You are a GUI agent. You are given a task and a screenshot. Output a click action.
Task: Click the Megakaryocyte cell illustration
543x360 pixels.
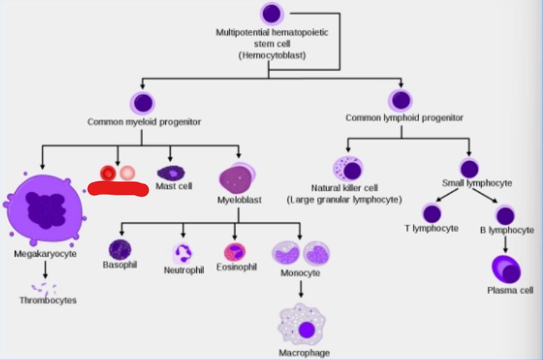click(x=44, y=208)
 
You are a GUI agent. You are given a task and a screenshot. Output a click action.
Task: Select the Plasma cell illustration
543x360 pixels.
click(x=506, y=269)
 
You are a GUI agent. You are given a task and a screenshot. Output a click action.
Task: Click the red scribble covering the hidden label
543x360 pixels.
click(x=118, y=189)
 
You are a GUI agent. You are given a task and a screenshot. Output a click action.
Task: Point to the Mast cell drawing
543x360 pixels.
click(x=171, y=173)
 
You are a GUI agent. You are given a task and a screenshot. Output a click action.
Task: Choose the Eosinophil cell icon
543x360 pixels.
click(x=235, y=252)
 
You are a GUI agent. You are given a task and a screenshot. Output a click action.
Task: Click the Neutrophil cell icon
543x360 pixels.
click(x=183, y=253)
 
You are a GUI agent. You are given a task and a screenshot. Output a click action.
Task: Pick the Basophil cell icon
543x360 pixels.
click(x=120, y=249)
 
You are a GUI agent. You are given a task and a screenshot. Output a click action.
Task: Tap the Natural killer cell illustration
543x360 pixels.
click(x=348, y=169)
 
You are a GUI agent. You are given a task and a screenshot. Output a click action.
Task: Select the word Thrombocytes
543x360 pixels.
click(x=48, y=300)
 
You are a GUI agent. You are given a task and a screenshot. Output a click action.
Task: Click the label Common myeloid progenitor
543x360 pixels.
click(x=144, y=122)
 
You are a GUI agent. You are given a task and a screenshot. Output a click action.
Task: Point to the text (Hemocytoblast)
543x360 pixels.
click(x=272, y=56)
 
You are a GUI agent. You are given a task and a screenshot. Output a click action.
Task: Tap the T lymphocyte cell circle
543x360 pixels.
click(x=432, y=214)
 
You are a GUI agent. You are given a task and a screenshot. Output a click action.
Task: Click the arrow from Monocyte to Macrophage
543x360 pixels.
click(x=301, y=289)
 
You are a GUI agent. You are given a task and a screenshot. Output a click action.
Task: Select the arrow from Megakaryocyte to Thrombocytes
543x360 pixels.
click(x=45, y=269)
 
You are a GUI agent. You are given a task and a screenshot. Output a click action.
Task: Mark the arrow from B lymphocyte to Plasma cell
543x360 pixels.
click(x=505, y=244)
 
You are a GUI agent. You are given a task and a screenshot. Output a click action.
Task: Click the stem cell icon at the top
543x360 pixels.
click(x=272, y=14)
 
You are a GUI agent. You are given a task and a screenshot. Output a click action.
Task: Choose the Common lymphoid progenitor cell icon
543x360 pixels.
click(x=401, y=100)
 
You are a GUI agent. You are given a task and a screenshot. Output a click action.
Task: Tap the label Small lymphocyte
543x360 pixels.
click(x=477, y=183)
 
